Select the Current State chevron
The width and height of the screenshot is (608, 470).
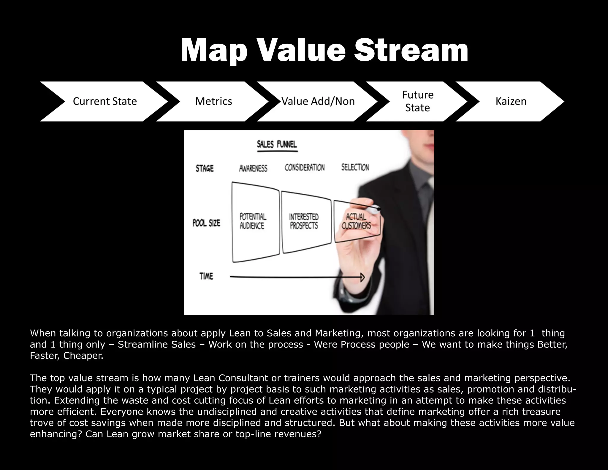pos(104,101)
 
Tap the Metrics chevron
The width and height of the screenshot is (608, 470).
pos(213,101)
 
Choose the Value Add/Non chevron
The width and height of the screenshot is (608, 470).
pos(318,101)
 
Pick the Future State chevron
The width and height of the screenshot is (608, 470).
pos(417,101)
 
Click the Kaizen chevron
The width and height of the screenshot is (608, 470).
pos(511,101)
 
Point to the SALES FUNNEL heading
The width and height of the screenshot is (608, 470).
pos(277,145)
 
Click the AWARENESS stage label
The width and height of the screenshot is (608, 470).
pos(253,168)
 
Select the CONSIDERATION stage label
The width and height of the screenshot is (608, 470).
pos(305,168)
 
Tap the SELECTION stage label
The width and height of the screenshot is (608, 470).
pos(355,168)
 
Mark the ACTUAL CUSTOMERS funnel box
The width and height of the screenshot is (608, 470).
pos(356,221)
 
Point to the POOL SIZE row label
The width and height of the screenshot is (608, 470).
pos(206,223)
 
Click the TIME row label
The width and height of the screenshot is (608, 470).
pos(206,276)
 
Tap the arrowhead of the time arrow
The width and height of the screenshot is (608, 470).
pos(362,277)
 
